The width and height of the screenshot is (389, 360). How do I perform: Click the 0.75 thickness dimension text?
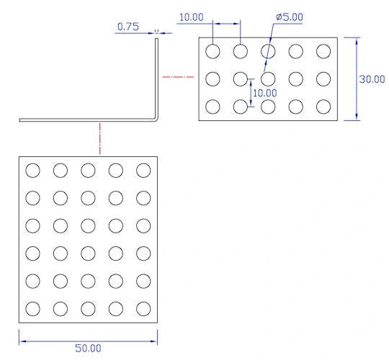click(x=128, y=27)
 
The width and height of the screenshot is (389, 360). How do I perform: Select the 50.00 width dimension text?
click(x=88, y=348)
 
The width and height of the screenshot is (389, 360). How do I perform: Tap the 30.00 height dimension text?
click(x=372, y=79)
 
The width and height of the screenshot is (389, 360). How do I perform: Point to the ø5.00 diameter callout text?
click(x=290, y=17)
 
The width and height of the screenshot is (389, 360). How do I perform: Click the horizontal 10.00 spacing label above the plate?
click(x=192, y=17)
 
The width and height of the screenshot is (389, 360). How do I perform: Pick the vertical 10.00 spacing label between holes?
click(x=264, y=93)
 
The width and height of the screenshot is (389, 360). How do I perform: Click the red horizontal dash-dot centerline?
click(x=178, y=77)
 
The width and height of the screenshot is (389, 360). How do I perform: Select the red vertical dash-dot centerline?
click(x=100, y=138)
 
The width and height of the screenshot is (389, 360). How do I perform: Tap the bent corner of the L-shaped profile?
click(x=156, y=120)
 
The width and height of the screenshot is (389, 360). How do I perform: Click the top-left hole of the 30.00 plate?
click(x=213, y=51)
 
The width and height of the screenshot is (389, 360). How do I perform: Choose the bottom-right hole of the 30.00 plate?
click(x=323, y=107)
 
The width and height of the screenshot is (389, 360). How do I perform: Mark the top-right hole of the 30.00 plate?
click(x=323, y=51)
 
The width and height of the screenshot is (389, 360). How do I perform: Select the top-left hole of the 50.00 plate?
click(x=32, y=171)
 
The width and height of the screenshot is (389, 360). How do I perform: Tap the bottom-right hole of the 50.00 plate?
click(x=143, y=309)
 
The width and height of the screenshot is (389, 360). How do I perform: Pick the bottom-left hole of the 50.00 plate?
click(x=32, y=309)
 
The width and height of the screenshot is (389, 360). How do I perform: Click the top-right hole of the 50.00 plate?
click(x=143, y=171)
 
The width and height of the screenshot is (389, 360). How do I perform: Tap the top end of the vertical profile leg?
click(x=156, y=38)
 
